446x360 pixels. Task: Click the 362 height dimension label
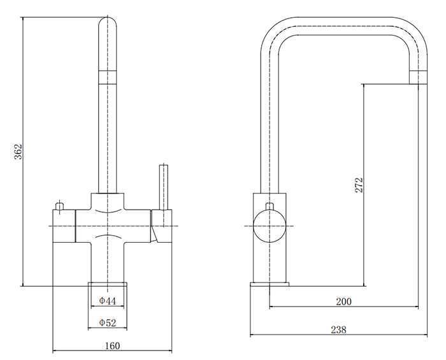click(18, 151)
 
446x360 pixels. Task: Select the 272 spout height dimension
click(359, 185)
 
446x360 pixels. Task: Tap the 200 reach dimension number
click(343, 301)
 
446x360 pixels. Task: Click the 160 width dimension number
click(111, 346)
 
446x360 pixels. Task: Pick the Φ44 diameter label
click(107, 301)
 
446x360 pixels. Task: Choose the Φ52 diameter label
click(107, 324)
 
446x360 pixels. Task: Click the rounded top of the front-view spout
click(108, 25)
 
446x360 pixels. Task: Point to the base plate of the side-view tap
click(270, 284)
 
